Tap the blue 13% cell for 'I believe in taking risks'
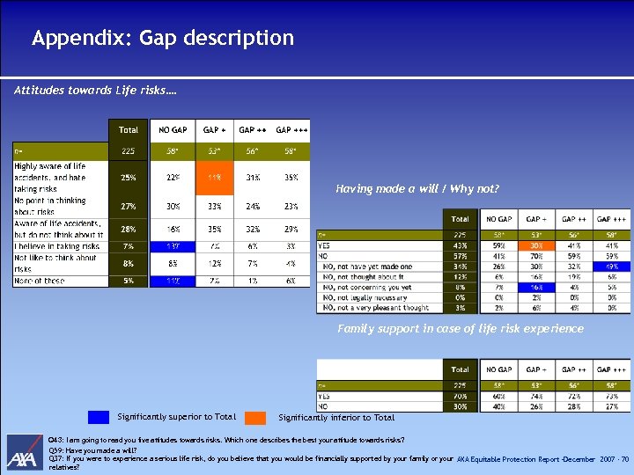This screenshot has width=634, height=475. click(x=173, y=245)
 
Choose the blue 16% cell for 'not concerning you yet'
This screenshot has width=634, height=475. click(x=534, y=286)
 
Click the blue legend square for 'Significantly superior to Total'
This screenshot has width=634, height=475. click(x=100, y=417)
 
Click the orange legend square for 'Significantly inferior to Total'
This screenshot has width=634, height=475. click(x=254, y=417)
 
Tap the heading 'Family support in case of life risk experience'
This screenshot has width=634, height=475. click(x=460, y=328)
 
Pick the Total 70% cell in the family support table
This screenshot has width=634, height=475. click(x=460, y=397)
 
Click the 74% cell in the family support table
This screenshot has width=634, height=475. click(x=534, y=397)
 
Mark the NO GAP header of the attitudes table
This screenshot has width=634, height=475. click(x=173, y=129)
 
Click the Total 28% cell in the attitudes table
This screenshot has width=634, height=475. click(x=129, y=230)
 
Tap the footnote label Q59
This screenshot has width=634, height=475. click(x=56, y=449)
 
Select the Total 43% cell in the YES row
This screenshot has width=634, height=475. click(x=460, y=245)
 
